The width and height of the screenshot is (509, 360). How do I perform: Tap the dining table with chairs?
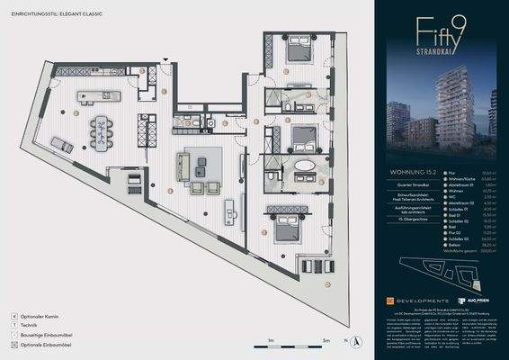pyautogui.click(x=102, y=129)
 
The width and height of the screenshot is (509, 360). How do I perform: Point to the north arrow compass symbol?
pyautogui.click(x=356, y=341)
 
